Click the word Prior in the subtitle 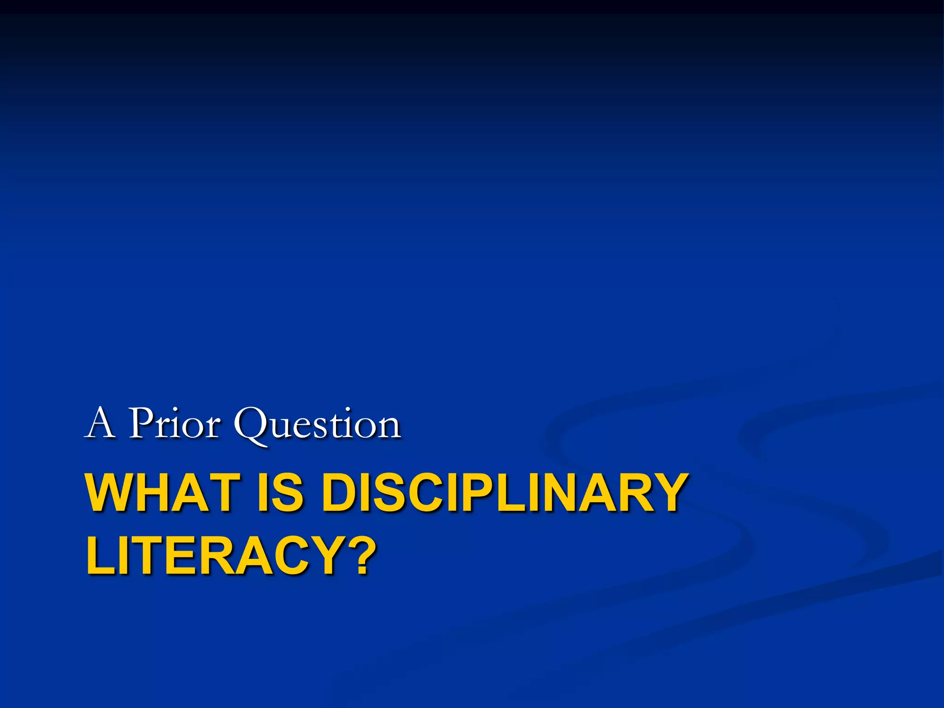(x=174, y=423)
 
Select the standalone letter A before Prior (x=100, y=423)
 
